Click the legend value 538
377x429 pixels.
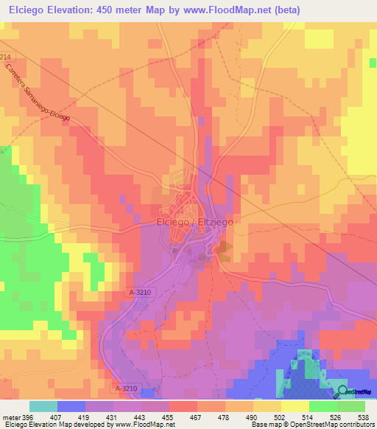tap(364, 416)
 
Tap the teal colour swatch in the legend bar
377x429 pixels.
tap(43, 405)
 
